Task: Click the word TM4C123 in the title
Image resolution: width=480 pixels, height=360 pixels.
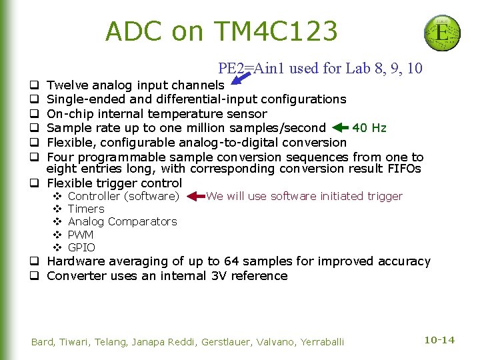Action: (x=275, y=31)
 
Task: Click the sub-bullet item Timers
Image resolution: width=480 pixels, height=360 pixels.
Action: (x=86, y=209)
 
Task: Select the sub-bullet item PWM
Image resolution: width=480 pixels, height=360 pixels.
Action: (x=81, y=235)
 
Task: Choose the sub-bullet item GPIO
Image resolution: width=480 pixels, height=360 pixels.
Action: (x=81, y=247)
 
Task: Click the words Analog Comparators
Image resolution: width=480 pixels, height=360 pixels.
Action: (x=123, y=221)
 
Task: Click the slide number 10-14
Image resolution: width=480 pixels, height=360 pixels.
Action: (x=439, y=340)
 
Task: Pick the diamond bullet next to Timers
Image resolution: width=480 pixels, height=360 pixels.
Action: (x=57, y=209)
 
